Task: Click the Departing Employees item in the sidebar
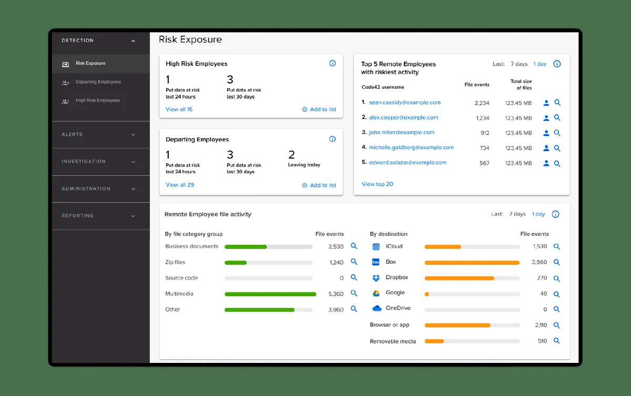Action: tap(98, 82)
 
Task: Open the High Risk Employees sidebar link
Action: tap(97, 100)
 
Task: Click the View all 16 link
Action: tap(179, 109)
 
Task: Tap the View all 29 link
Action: tap(179, 185)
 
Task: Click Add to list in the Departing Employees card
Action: tap(319, 185)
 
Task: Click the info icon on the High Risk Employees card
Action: tap(332, 64)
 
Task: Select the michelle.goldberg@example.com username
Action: tap(411, 148)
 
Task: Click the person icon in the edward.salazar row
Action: tap(546, 163)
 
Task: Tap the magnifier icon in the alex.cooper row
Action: tap(557, 118)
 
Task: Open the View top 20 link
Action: tap(377, 184)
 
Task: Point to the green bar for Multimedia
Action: tap(270, 294)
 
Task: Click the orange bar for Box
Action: tap(472, 262)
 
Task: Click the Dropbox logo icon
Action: tap(376, 278)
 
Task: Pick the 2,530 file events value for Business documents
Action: tap(335, 246)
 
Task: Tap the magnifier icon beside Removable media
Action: tap(557, 341)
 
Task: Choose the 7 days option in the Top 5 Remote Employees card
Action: tap(518, 64)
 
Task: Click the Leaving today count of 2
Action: tap(291, 155)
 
